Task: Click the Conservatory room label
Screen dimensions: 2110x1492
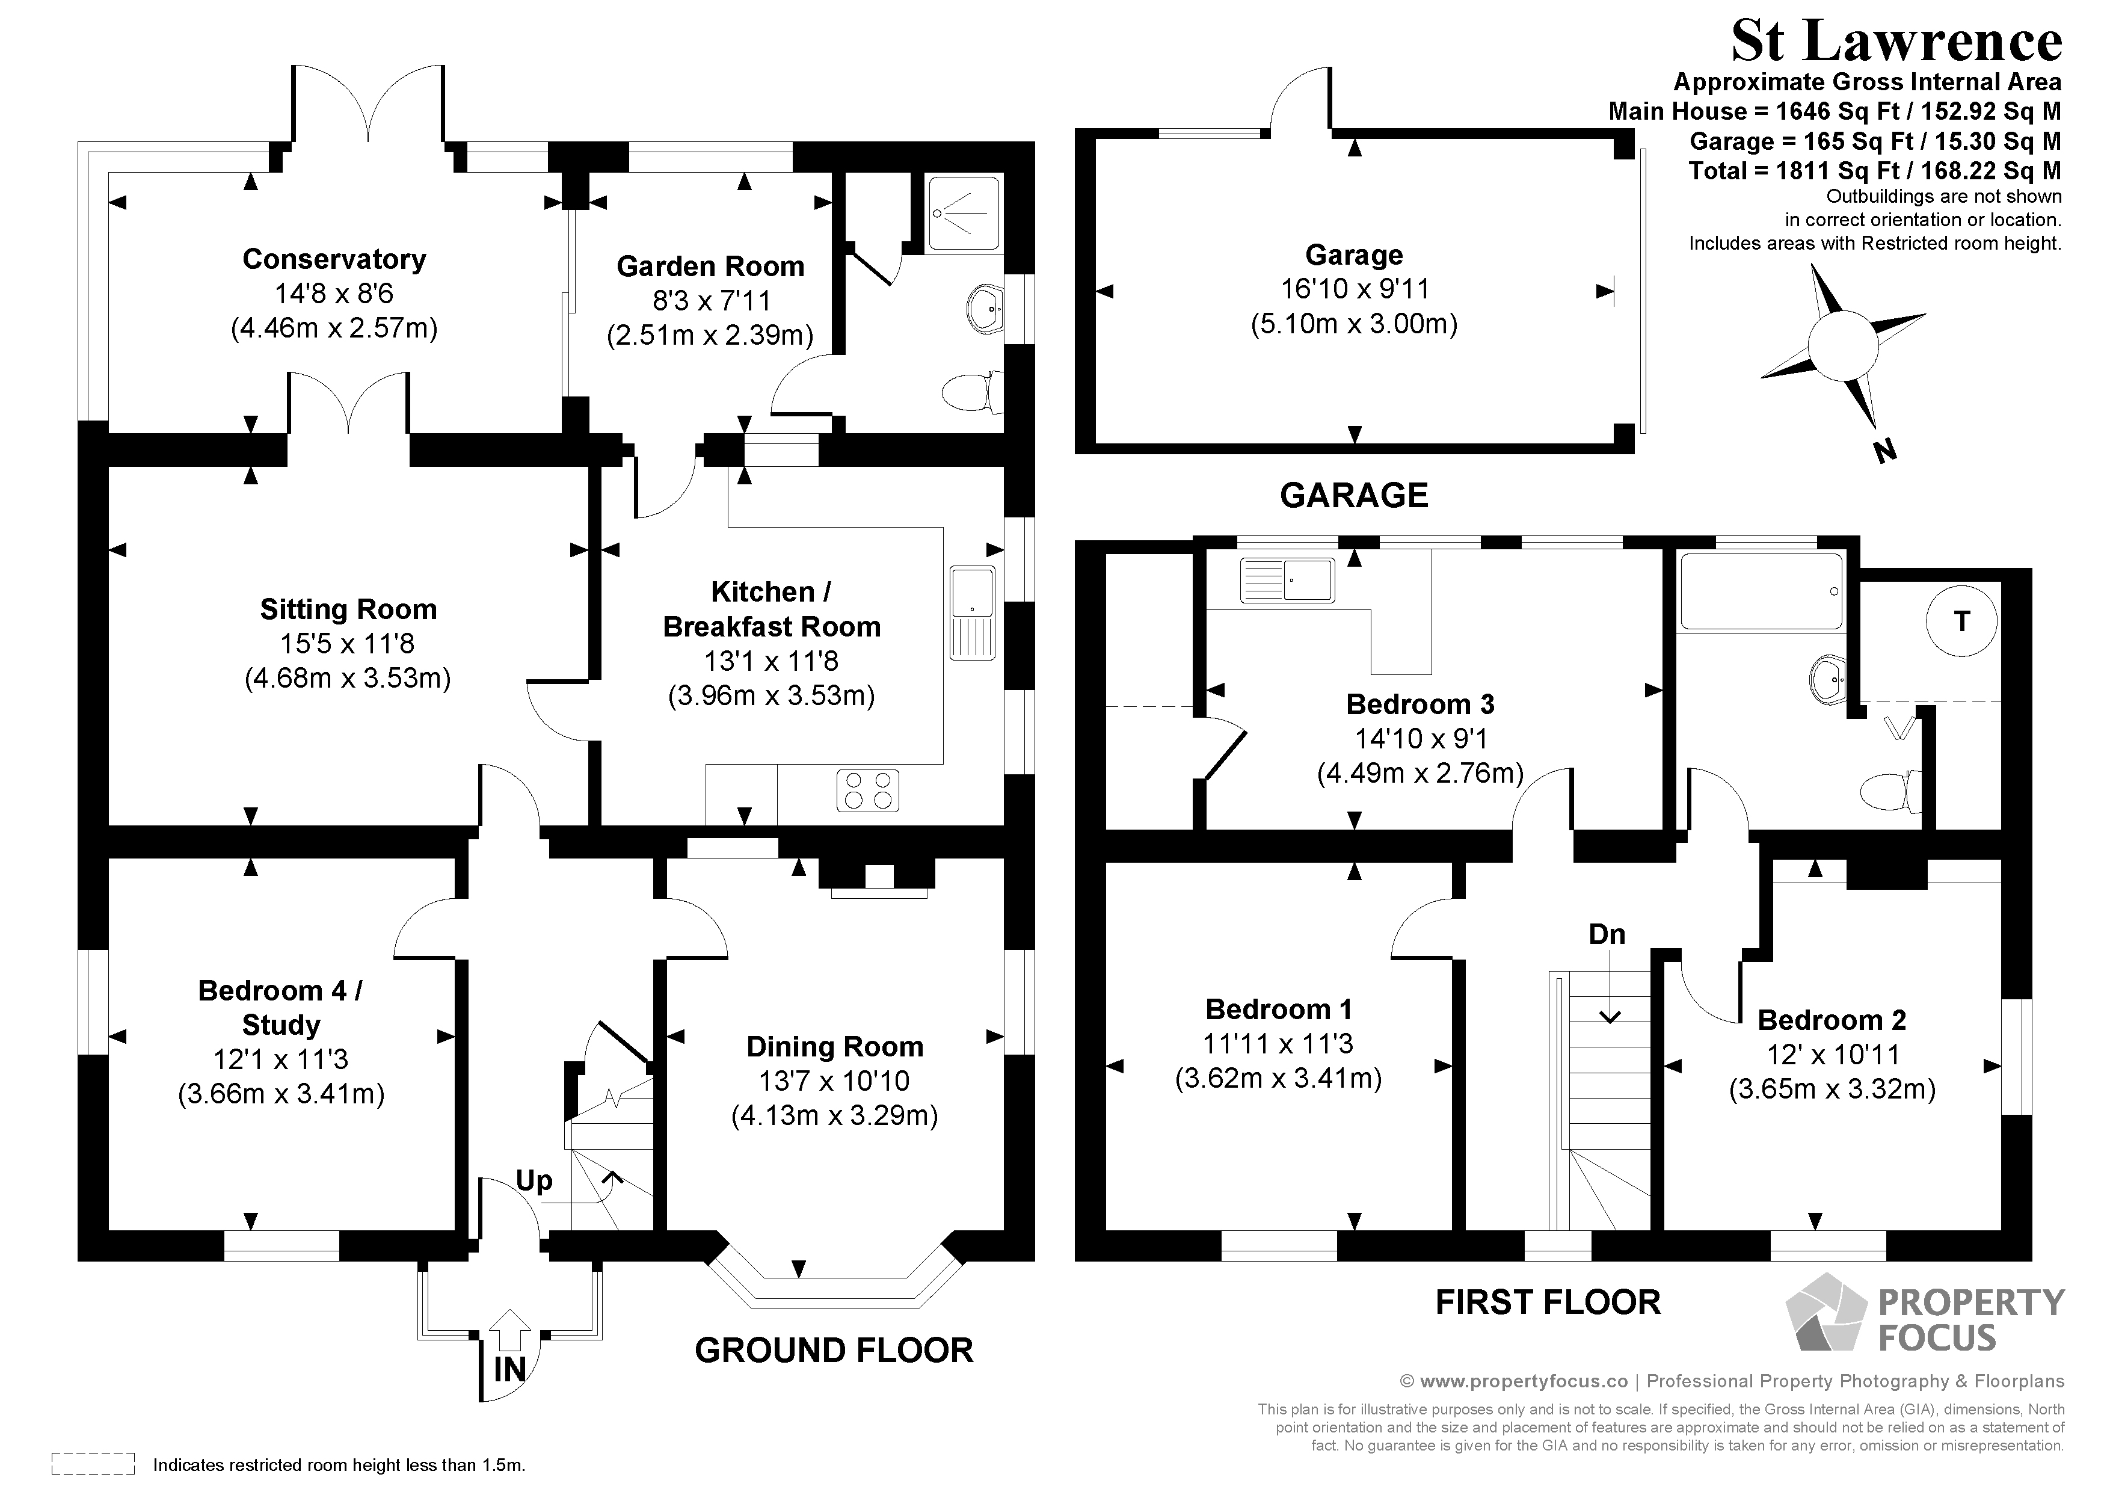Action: pos(334,259)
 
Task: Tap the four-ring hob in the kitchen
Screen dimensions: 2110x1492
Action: pos(867,791)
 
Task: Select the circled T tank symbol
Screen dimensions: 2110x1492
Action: pos(1962,621)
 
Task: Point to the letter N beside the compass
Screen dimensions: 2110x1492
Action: pos(1884,451)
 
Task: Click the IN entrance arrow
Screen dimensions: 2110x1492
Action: pos(510,1330)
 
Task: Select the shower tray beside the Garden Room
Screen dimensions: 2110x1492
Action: pos(963,214)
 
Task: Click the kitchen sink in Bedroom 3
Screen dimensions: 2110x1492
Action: pos(1287,580)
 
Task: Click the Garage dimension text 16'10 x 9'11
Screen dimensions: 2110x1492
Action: pos(1355,289)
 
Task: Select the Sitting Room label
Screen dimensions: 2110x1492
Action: pos(348,609)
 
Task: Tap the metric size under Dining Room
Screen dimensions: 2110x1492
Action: pos(834,1116)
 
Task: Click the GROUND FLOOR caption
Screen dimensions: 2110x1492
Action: pos(834,1351)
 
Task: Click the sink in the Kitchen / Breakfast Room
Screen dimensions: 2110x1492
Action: pos(972,613)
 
